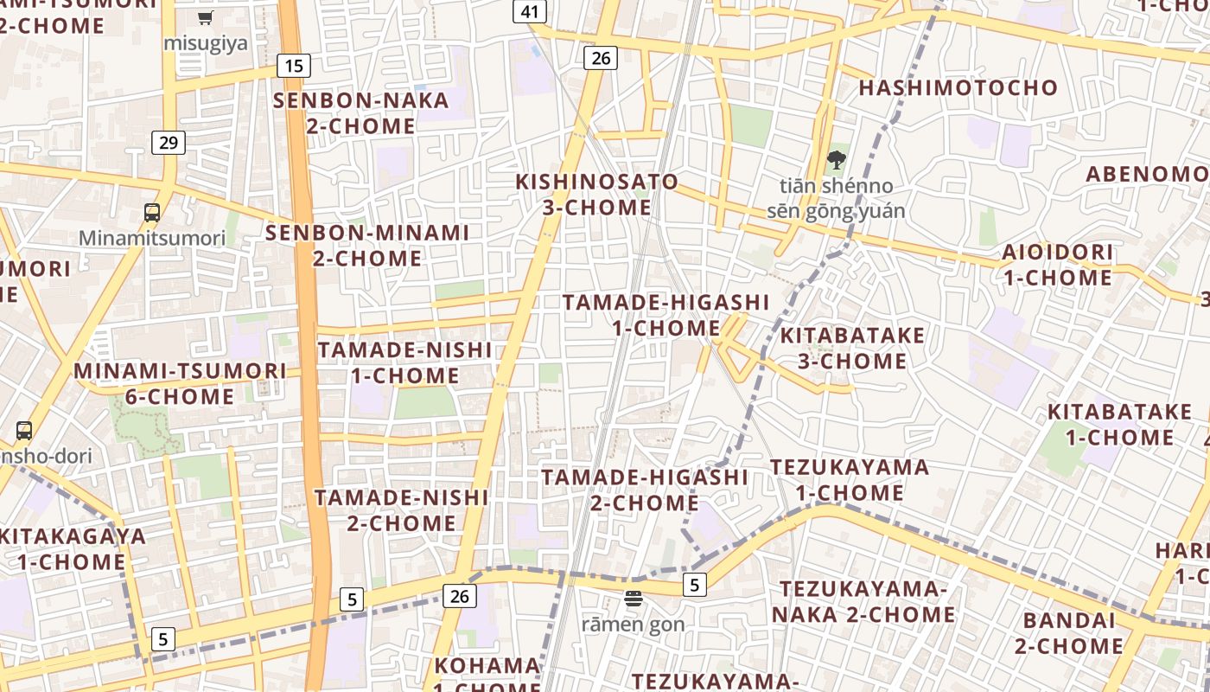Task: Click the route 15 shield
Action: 294,65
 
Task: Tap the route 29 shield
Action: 169,142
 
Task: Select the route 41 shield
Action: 530,11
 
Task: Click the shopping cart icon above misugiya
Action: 206,17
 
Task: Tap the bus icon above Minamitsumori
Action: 152,212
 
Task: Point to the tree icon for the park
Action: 836,159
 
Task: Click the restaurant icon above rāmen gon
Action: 634,599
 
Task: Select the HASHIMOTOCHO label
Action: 958,87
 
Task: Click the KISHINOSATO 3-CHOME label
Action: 596,195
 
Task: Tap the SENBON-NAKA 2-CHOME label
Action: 361,113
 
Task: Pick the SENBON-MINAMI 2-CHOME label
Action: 367,246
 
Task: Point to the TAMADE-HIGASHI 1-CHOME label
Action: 665,315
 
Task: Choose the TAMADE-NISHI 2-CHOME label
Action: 401,510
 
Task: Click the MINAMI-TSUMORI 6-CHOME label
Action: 180,384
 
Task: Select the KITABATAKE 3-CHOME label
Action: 852,348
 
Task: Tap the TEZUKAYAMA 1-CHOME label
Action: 850,480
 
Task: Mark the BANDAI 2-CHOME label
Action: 1069,633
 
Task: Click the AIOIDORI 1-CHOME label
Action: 1057,266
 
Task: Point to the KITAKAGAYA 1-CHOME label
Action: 72,548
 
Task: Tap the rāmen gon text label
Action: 633,625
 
